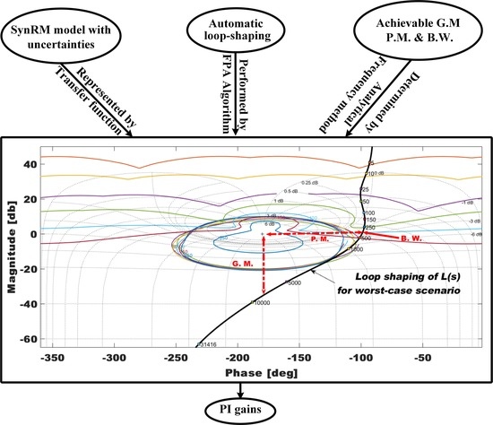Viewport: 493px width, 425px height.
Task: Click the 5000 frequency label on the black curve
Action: (295, 282)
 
